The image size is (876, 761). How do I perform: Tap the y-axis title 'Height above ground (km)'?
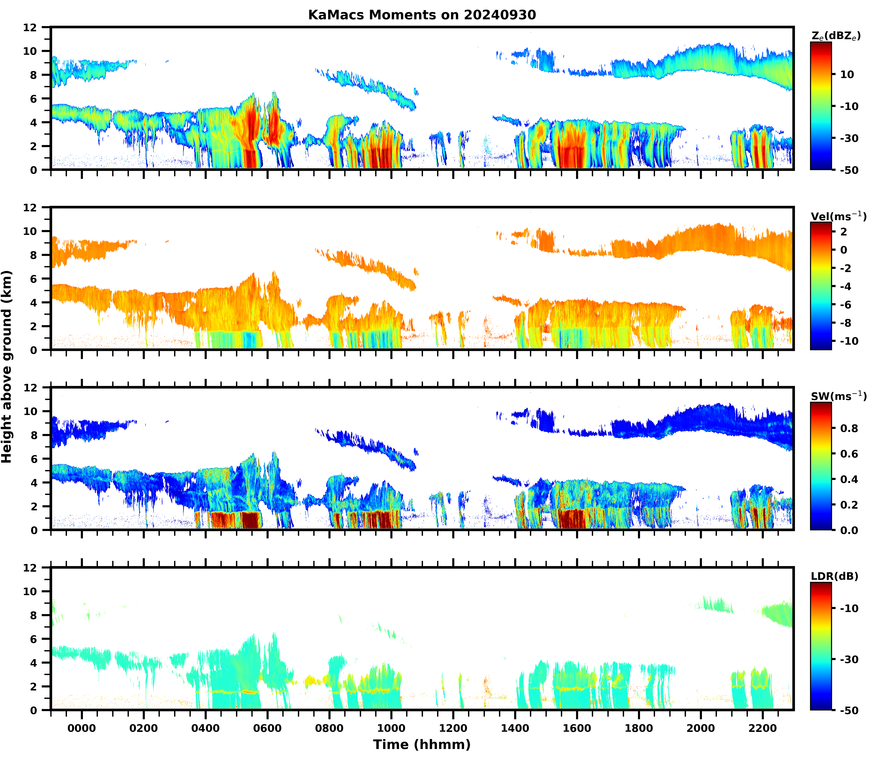7,366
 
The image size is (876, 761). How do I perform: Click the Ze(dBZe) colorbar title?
836,36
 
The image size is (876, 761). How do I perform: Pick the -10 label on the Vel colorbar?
849,341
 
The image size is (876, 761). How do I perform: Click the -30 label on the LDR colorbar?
849,659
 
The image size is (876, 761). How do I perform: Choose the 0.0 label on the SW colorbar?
849,530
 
